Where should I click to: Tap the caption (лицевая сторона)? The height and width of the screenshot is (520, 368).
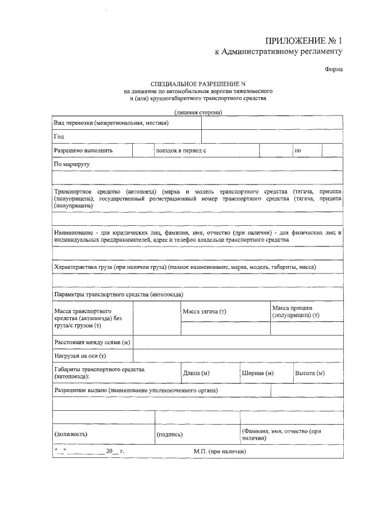(198, 113)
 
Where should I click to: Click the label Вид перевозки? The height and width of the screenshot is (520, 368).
(110, 124)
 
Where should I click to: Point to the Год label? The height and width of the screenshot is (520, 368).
(59, 137)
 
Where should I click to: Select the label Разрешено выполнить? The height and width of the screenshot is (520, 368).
(83, 151)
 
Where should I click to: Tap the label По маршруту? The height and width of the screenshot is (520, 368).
(72, 164)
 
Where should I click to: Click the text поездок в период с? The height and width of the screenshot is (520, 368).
(181, 151)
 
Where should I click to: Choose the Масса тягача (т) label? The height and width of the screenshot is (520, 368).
(205, 311)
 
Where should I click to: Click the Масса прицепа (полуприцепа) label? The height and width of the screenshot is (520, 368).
(296, 311)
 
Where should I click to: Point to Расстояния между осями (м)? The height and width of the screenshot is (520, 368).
(92, 342)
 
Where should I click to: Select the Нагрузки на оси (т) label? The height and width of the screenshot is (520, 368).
(80, 356)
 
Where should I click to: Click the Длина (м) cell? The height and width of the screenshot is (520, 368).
(195, 373)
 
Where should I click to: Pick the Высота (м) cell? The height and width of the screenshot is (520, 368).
(309, 373)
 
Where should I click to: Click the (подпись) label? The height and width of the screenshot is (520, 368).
(170, 434)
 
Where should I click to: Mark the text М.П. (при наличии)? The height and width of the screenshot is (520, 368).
(220, 452)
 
